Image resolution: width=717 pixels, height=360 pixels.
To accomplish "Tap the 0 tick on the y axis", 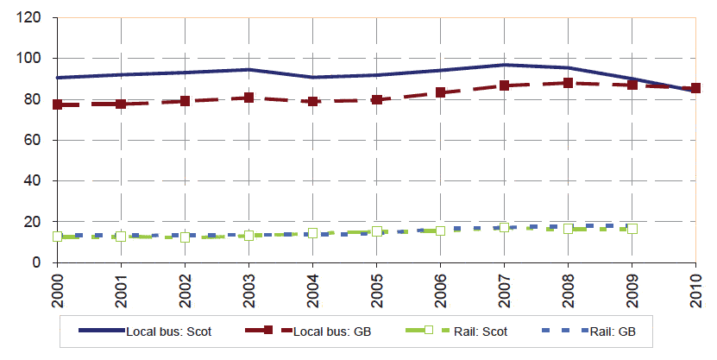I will (x=42, y=262).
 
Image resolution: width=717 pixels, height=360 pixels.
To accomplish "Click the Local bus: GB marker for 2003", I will (x=249, y=98).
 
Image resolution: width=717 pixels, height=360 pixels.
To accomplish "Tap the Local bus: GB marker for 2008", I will (x=569, y=83).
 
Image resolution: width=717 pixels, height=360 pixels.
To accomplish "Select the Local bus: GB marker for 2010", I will (x=696, y=88).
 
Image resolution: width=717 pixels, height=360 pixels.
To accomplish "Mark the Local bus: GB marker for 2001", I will (x=122, y=104).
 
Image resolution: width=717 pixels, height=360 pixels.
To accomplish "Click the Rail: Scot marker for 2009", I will (x=632, y=229).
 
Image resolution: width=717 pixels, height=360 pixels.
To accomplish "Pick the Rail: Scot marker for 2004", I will (x=313, y=234).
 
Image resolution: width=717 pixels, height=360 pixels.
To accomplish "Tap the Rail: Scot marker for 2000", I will (x=58, y=236).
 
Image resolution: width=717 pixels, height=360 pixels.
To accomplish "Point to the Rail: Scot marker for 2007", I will (x=505, y=228).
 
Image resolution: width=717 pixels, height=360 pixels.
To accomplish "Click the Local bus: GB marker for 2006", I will (x=441, y=92).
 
